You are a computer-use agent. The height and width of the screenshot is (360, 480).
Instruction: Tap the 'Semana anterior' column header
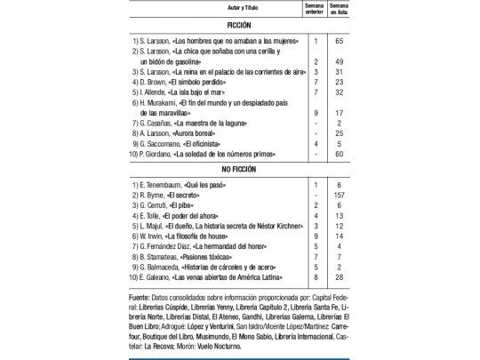click(x=315, y=8)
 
